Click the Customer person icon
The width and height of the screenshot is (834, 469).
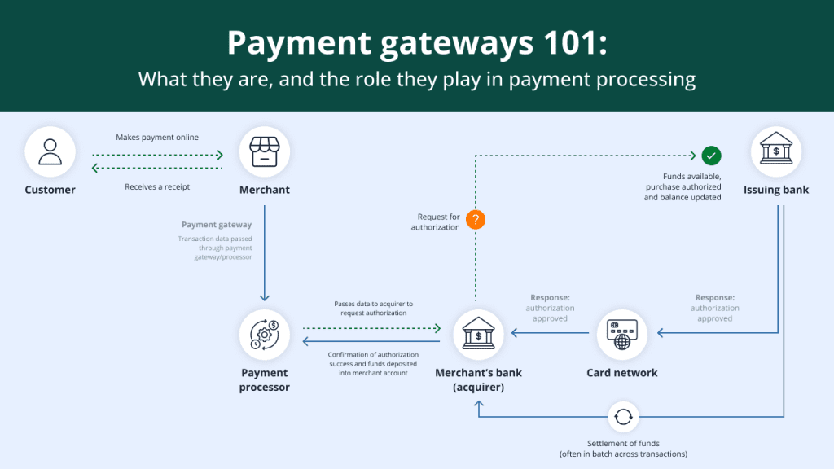click(50, 152)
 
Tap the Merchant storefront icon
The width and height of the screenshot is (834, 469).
click(265, 152)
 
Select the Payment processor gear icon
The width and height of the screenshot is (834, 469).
click(265, 335)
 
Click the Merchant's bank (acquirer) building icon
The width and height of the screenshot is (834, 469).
click(478, 335)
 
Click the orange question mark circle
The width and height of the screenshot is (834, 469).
click(476, 219)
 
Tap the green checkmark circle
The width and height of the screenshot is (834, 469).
click(711, 155)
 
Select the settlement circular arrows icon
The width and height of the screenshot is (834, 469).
click(622, 417)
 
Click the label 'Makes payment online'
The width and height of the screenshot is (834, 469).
click(157, 138)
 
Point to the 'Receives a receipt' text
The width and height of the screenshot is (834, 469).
click(157, 186)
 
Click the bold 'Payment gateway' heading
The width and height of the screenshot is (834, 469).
click(217, 225)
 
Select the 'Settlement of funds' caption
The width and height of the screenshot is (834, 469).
click(622, 443)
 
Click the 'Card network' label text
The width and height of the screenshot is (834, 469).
click(622, 373)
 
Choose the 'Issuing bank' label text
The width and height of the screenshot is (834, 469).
click(775, 191)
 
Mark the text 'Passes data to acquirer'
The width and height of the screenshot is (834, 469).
click(373, 304)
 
